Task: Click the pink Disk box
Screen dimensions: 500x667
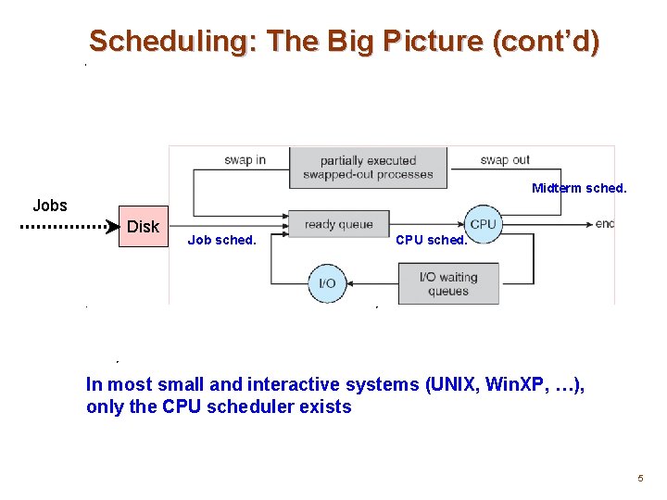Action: pos(143,227)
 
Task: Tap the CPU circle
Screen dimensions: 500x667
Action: pos(483,223)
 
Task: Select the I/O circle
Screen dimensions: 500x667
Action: pos(327,282)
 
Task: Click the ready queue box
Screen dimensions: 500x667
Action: pos(338,224)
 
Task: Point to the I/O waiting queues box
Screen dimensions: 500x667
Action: pos(448,283)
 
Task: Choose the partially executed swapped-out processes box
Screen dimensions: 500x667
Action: pos(368,168)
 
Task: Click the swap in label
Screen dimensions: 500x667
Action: pos(245,160)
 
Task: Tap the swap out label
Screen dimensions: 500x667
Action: pos(505,160)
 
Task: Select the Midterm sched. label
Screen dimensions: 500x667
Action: pos(579,188)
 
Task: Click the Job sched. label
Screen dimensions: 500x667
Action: pos(221,240)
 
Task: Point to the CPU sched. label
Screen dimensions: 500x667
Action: pos(431,240)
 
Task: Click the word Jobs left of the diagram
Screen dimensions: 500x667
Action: pos(50,206)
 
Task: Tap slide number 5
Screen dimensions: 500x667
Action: pos(639,478)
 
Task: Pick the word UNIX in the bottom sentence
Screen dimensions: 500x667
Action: pos(456,384)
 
